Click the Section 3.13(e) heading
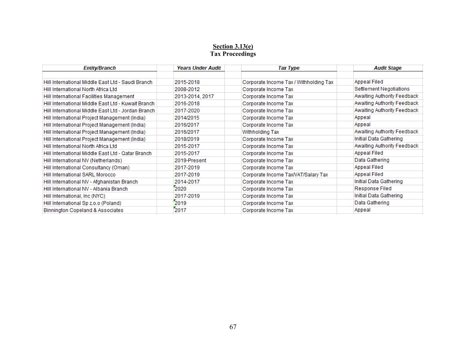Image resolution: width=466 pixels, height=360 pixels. click(233, 46)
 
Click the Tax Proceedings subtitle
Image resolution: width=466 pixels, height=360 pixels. click(233, 54)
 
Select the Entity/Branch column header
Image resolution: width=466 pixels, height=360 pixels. click(99, 68)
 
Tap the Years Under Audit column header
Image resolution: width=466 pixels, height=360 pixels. click(199, 68)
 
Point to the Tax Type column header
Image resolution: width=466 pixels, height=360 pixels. click(288, 68)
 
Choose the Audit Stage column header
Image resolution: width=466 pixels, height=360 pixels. click(387, 68)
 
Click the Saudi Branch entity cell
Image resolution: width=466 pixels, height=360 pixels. click(98, 82)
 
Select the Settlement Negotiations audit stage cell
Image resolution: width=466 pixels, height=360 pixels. click(382, 89)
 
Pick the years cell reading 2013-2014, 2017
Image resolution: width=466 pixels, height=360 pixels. click(194, 97)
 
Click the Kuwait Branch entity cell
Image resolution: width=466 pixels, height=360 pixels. click(99, 104)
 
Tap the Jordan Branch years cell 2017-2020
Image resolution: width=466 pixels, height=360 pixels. click(187, 111)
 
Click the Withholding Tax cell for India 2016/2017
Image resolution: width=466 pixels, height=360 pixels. click(260, 132)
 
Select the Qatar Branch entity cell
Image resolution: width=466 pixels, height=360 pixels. click(97, 154)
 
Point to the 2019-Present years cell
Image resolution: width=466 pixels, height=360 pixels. click(190, 161)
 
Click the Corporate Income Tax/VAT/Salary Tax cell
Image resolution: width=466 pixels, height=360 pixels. click(285, 175)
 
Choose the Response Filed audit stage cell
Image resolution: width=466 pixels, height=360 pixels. click(373, 189)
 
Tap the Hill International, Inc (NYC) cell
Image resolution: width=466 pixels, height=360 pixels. click(74, 196)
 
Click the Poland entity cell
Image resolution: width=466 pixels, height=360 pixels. click(82, 203)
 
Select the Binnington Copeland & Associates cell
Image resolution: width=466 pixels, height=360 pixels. click(83, 211)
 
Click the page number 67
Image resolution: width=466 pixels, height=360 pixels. click(233, 327)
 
